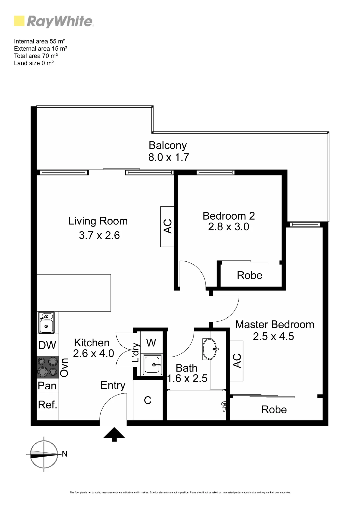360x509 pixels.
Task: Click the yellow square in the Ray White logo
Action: tap(19, 21)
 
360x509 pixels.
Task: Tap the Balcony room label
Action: tap(168, 145)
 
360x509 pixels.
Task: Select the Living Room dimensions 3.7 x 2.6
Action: tap(99, 235)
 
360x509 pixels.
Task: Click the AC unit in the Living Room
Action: tap(167, 227)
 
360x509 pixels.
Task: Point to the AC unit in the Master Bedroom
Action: tap(237, 361)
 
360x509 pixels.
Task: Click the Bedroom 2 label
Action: tap(229, 216)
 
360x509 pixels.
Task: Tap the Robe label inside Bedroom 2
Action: tap(250, 275)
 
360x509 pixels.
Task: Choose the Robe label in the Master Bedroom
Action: tap(274, 410)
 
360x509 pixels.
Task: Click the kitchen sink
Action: tap(46, 323)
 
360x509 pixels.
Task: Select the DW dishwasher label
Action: tap(47, 345)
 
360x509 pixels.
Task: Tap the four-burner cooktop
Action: tap(48, 367)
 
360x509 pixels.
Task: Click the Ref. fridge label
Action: tap(48, 405)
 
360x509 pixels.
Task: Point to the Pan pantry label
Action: tap(47, 386)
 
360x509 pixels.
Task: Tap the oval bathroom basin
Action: tap(210, 349)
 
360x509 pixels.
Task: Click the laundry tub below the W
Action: tap(152, 365)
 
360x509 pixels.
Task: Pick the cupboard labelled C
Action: tap(148, 400)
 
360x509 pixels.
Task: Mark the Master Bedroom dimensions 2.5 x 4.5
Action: tap(273, 336)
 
